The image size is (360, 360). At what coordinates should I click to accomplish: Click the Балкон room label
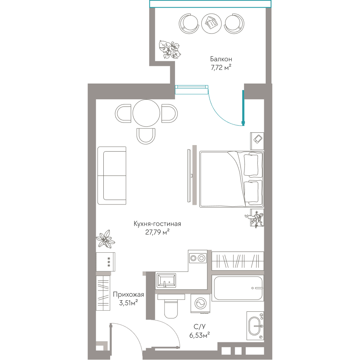pyautogui.click(x=221, y=59)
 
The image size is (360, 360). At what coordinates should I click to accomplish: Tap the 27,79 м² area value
pyautogui.click(x=157, y=232)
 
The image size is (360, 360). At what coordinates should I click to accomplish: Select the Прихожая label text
pyautogui.click(x=129, y=294)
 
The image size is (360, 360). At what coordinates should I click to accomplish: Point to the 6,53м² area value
pyautogui.click(x=199, y=335)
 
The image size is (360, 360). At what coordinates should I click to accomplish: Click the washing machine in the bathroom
pyautogui.click(x=200, y=303)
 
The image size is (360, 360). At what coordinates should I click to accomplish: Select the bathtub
pyautogui.click(x=237, y=288)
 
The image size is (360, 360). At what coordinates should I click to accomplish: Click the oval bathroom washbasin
pyautogui.click(x=255, y=326)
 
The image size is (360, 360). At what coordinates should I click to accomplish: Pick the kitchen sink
pyautogui.click(x=166, y=280)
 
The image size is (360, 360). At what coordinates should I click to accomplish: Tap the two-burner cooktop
pyautogui.click(x=197, y=258)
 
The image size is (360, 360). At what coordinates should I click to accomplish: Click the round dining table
pyautogui.click(x=146, y=113)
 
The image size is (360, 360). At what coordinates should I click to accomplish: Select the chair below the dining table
pyautogui.click(x=146, y=136)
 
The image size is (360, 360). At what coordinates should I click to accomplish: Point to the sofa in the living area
pyautogui.click(x=112, y=176)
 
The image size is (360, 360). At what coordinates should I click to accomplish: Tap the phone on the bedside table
pyautogui.click(x=258, y=139)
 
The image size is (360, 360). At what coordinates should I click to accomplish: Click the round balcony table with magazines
pyautogui.click(x=211, y=23)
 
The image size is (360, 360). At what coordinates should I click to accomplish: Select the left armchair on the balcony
pyautogui.click(x=189, y=24)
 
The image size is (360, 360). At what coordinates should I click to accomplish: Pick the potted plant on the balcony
pyautogui.click(x=170, y=50)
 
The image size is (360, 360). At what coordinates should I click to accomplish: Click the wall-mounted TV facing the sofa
pyautogui.click(x=189, y=176)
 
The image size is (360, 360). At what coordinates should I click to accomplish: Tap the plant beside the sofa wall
pyautogui.click(x=105, y=239)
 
